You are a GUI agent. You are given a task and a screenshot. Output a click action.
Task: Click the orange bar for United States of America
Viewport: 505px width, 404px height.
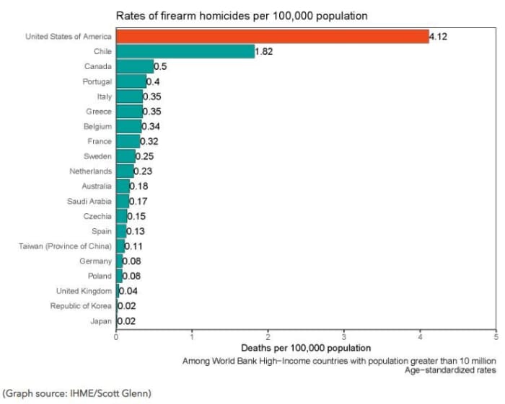pos(272,37)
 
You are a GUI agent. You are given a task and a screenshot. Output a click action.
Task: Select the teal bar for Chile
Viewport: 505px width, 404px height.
pos(185,52)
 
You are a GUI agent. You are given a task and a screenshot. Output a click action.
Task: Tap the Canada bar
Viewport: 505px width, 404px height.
pos(135,67)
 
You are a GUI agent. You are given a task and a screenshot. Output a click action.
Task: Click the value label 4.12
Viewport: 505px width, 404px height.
pos(439,37)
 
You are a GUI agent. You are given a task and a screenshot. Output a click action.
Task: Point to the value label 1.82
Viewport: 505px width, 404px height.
pos(263,52)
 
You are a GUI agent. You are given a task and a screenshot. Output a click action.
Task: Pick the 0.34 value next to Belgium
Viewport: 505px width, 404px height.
pos(151,127)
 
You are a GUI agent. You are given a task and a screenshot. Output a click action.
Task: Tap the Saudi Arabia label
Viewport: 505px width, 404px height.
pos(89,202)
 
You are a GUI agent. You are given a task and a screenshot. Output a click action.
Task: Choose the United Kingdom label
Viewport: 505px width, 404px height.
pos(84,291)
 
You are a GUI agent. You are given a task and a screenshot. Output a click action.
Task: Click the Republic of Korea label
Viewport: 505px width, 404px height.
pos(81,306)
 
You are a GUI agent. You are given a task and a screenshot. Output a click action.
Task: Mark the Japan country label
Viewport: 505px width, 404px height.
pos(101,321)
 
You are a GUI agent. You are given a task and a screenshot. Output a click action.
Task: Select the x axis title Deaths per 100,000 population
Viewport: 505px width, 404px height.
pos(306,349)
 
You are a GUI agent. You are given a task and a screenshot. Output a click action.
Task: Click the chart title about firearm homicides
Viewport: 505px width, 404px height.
pos(242,15)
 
